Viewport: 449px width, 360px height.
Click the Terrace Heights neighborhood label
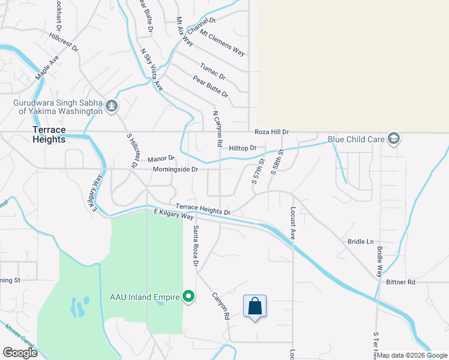(49, 134)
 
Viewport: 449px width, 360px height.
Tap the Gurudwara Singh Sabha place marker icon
(111, 107)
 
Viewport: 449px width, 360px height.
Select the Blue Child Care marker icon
(393, 139)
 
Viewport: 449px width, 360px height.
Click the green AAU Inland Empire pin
(188, 296)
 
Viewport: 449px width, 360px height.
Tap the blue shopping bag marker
(255, 306)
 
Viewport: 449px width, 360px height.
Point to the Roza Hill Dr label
(272, 132)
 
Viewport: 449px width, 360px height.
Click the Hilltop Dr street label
(243, 148)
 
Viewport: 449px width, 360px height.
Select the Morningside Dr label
(176, 170)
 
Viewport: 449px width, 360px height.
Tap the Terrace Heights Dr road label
(203, 209)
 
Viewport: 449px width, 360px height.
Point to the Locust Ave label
(294, 223)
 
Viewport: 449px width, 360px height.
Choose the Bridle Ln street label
(361, 242)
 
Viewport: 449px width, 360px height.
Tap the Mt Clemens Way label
(222, 43)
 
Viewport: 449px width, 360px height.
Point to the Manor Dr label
(161, 158)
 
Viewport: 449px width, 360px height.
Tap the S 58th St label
(277, 160)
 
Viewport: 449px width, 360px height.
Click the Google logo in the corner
(20, 353)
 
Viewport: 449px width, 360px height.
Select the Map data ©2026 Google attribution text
(412, 355)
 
